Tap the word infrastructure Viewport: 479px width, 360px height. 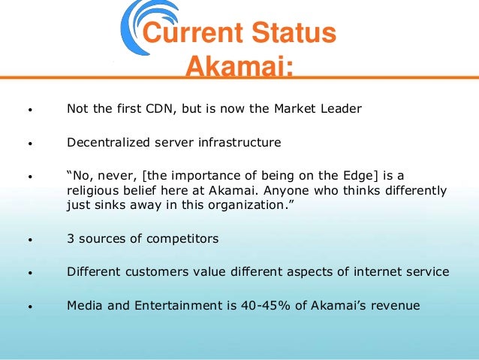coord(238,141)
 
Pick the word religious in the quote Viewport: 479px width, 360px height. coord(91,189)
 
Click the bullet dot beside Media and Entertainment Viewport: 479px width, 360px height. coord(29,307)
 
